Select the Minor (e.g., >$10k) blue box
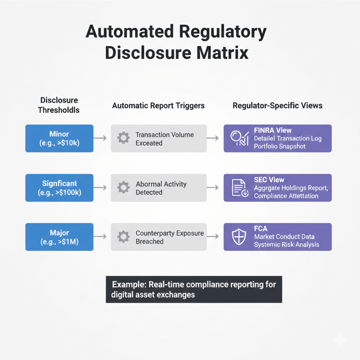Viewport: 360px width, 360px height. (x=59, y=138)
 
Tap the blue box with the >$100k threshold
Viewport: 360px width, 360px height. (x=59, y=188)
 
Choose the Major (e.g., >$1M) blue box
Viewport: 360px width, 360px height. (x=59, y=237)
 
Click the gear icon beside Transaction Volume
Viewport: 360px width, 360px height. (x=123, y=138)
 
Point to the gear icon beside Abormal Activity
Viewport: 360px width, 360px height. (x=123, y=187)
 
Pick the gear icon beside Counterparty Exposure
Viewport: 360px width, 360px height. (x=123, y=237)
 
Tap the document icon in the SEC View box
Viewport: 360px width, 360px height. (x=240, y=188)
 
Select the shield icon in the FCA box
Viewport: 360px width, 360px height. (x=239, y=237)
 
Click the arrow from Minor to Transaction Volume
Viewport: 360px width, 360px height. (x=100, y=138)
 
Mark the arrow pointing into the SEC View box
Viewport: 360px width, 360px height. (x=213, y=187)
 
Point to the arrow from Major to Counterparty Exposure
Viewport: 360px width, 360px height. (x=100, y=237)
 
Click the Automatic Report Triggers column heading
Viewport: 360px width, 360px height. (x=158, y=106)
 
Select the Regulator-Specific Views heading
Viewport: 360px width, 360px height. (x=277, y=106)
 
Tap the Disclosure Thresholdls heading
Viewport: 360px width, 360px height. (x=59, y=105)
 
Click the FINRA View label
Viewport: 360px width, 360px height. (x=273, y=130)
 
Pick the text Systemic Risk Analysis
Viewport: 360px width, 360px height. (x=287, y=245)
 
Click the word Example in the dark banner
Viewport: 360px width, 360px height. (x=129, y=285)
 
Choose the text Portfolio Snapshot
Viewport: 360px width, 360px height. (x=280, y=147)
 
